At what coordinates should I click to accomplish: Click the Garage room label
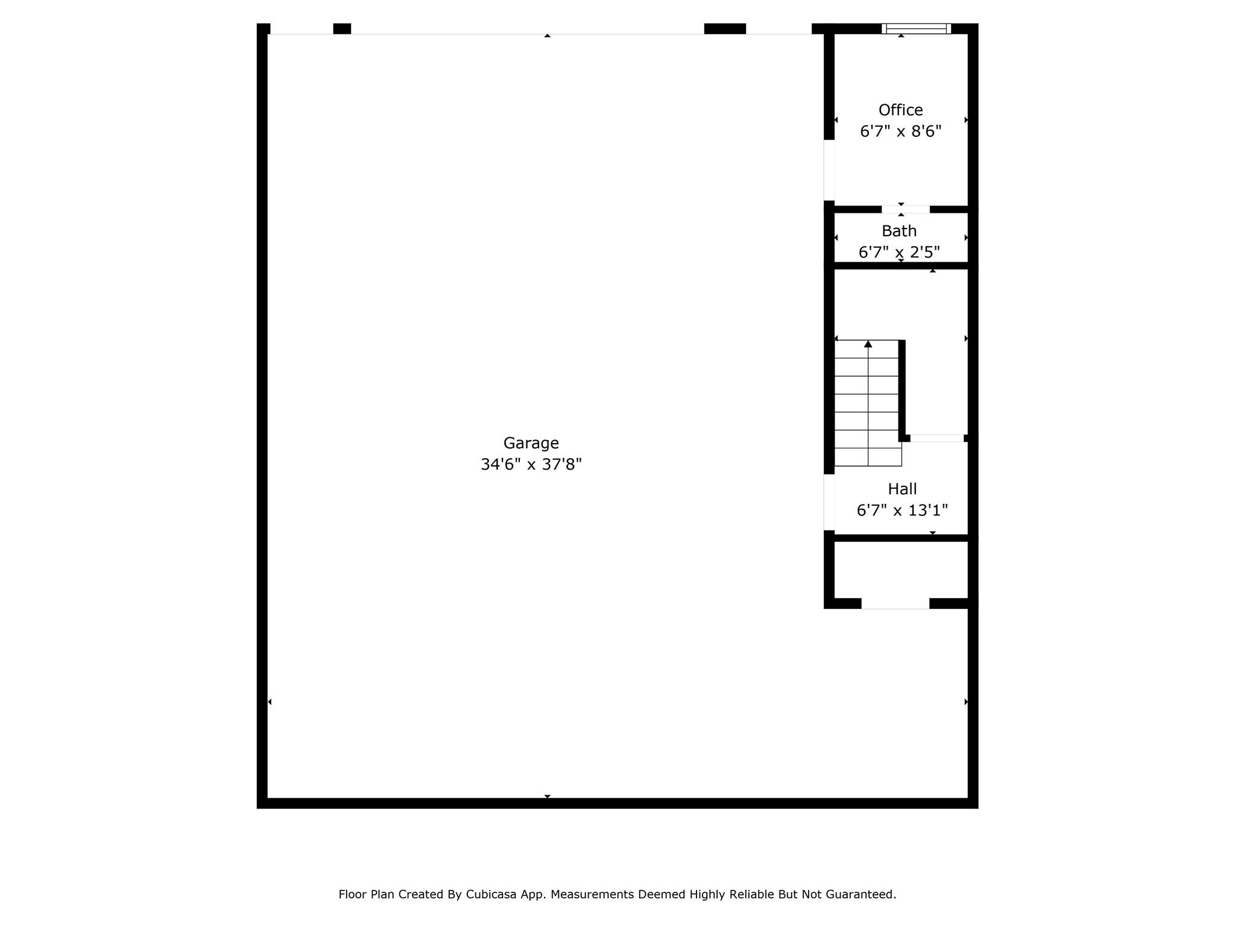coord(531,444)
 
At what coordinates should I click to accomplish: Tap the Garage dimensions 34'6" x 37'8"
coord(531,464)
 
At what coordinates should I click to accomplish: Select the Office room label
coord(900,110)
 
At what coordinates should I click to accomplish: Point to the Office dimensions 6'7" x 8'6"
coord(900,131)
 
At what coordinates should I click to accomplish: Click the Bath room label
coord(899,231)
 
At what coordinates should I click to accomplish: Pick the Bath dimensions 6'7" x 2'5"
coord(899,252)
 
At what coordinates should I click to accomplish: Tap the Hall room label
coord(902,489)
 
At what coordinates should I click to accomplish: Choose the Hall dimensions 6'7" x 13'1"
coord(902,511)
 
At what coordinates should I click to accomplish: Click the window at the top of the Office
coord(916,28)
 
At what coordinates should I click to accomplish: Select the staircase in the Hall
coord(868,403)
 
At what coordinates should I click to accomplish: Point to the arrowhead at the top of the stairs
coord(868,344)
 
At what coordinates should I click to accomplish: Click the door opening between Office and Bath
coord(905,209)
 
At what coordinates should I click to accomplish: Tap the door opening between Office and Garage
coord(829,170)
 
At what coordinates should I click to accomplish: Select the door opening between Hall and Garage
coord(829,503)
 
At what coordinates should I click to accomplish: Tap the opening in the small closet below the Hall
coord(895,603)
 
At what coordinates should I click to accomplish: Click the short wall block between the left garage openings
coord(342,29)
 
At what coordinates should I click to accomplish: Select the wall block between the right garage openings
coord(725,29)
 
